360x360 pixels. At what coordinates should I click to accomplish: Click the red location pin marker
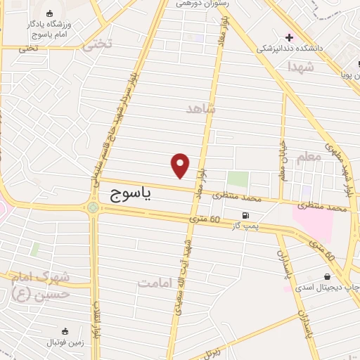[x=181, y=165]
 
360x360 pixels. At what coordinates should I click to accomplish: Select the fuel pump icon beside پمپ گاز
[x=245, y=216]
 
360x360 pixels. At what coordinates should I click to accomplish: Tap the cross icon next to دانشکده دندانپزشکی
[x=289, y=37]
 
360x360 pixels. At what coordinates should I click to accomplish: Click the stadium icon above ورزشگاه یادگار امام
[x=49, y=14]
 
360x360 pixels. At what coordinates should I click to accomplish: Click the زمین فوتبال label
[x=65, y=342]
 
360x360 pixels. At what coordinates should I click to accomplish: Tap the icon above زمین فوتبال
[x=65, y=331]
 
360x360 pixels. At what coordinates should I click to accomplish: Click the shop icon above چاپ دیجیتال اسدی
[x=327, y=276]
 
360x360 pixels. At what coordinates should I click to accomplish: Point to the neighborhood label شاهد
[x=201, y=109]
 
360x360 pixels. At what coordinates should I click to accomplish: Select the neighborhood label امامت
[x=155, y=283]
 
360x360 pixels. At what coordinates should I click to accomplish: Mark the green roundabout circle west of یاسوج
[x=92, y=207]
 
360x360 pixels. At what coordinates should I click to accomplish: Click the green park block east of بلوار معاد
[x=238, y=179]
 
